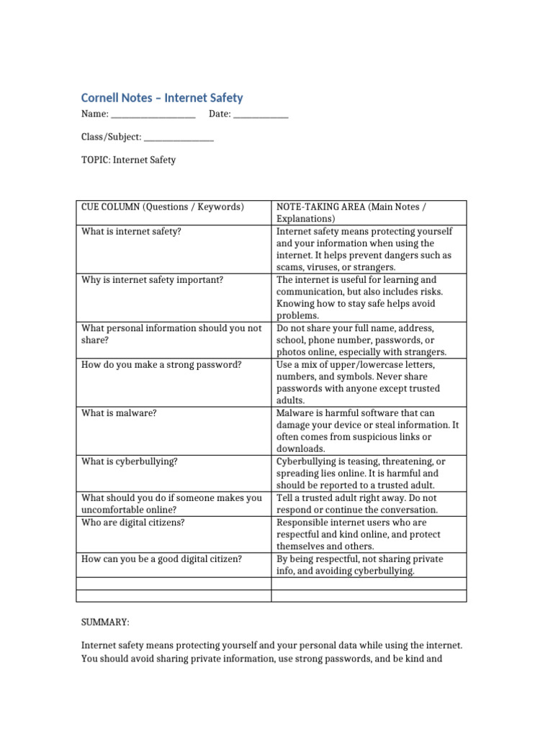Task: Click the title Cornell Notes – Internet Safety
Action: [x=161, y=98]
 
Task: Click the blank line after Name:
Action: [x=153, y=114]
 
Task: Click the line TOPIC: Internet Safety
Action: [x=128, y=160]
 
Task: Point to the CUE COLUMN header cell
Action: [x=163, y=207]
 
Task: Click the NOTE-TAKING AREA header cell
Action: [x=351, y=212]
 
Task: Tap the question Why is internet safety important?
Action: [x=152, y=280]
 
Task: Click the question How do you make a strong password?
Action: [x=161, y=365]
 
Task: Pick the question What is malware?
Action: [x=119, y=413]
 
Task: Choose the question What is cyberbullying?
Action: [x=129, y=461]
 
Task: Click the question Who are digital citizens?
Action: [x=132, y=523]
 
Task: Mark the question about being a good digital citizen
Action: [x=161, y=559]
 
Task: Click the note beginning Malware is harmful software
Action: [x=367, y=430]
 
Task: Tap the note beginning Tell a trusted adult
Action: [x=367, y=504]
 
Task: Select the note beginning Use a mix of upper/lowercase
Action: [x=358, y=382]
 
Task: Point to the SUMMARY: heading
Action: [x=105, y=620]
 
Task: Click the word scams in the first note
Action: [x=289, y=267]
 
